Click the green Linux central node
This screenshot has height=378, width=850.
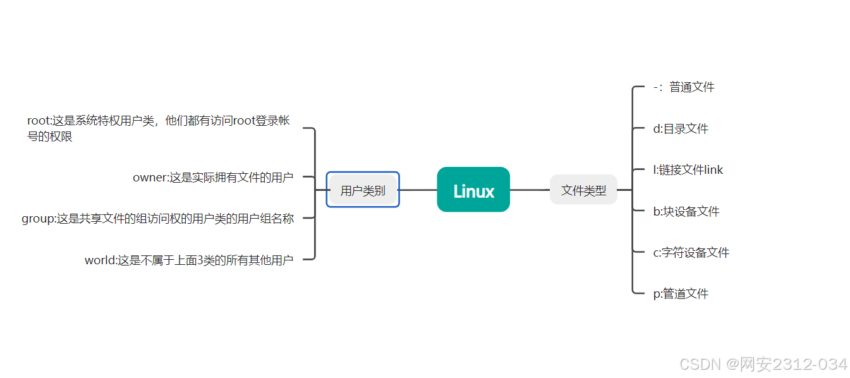coord(473,190)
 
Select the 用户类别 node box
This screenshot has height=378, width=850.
coord(363,190)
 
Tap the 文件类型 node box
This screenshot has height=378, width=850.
coord(583,190)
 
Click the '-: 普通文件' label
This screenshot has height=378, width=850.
coord(684,87)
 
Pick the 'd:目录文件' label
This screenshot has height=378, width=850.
coord(681,129)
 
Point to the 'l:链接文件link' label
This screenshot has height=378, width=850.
coord(688,170)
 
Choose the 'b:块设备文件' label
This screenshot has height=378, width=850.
coord(686,211)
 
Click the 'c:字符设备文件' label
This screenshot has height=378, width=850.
coord(691,253)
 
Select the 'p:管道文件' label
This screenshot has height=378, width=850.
coord(681,294)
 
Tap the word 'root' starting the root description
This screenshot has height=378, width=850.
coord(37,121)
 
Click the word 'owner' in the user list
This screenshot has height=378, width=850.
coord(149,178)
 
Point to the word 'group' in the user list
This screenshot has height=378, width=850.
coord(37,219)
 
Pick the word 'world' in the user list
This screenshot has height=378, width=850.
coord(100,260)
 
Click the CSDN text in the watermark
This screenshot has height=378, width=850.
coord(700,364)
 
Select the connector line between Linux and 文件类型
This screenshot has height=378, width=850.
coord(530,190)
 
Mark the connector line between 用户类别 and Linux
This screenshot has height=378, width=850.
coord(418,190)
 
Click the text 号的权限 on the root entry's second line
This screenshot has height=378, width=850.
coord(50,137)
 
